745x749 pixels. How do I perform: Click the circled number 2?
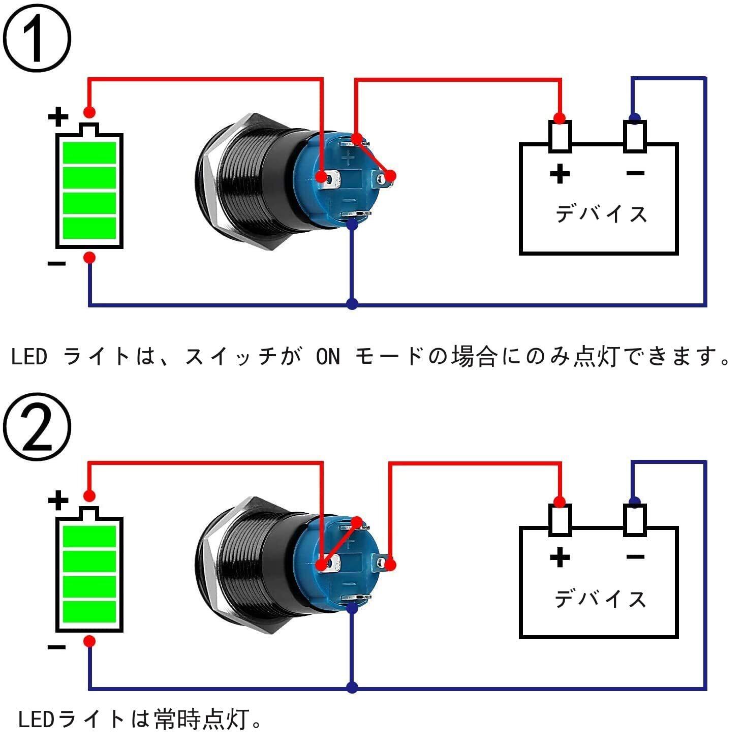[37, 428]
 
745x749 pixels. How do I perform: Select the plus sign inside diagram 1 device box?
[560, 174]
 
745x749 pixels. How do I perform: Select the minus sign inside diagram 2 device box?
[635, 557]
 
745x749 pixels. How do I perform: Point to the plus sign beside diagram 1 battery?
[58, 116]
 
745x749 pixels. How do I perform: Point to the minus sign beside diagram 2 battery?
[56, 647]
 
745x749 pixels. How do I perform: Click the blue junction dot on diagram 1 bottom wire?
[352, 304]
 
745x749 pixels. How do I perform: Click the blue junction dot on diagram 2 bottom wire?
[352, 688]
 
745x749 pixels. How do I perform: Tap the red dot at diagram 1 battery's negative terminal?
[89, 258]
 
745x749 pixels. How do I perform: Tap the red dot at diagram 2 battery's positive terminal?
[89, 496]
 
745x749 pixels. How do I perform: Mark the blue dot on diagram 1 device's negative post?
[634, 118]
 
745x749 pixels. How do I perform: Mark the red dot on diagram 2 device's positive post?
[560, 502]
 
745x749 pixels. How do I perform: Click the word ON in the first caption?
[328, 357]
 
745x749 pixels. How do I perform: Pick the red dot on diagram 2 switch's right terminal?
[390, 565]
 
